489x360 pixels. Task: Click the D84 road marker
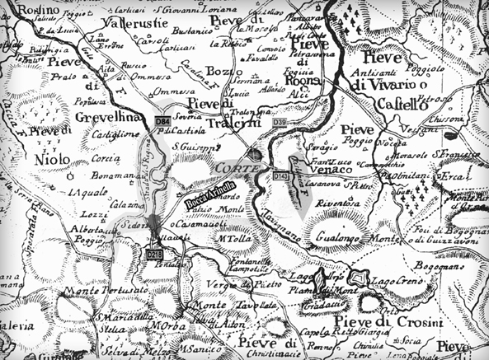click(162, 122)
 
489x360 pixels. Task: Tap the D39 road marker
click(280, 123)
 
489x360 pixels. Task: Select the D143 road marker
click(282, 175)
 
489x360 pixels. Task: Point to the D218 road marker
click(154, 255)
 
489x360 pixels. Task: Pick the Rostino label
click(20, 7)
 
